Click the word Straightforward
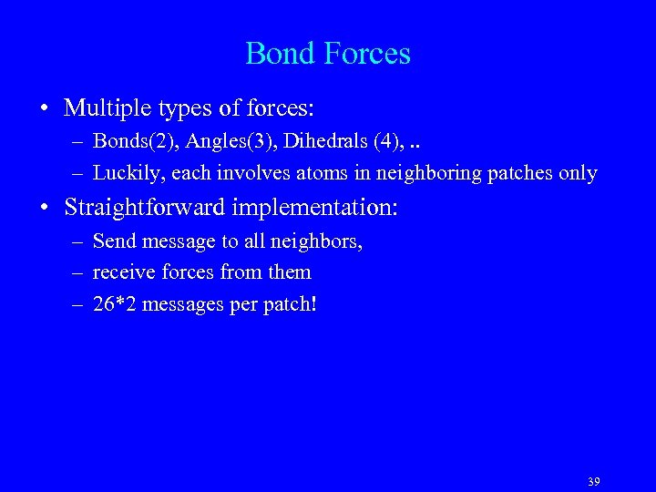[144, 208]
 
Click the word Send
[112, 242]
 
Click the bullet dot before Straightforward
[44, 209]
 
